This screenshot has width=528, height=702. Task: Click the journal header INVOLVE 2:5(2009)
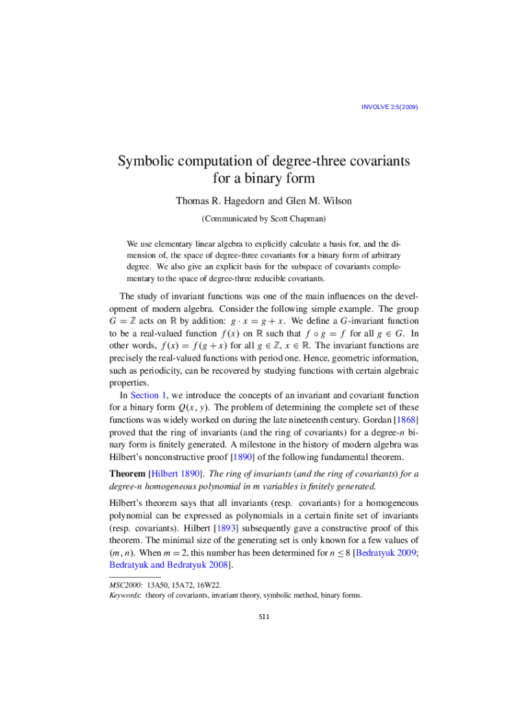(389, 107)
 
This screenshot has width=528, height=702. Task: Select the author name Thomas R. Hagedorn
(217, 201)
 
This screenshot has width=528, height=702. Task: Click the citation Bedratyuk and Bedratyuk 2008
(170, 566)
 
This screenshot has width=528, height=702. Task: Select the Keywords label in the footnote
(125, 596)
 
